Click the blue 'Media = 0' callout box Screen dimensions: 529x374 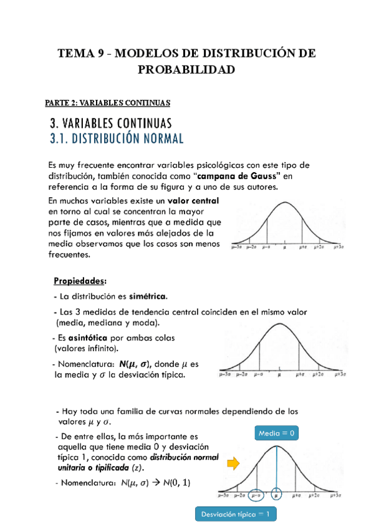[x=276, y=432]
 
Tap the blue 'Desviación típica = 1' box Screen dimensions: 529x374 [x=236, y=514]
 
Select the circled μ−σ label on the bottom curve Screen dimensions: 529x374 [x=254, y=497]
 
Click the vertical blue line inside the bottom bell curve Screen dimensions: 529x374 [x=276, y=468]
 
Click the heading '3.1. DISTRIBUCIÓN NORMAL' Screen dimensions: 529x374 [x=117, y=138]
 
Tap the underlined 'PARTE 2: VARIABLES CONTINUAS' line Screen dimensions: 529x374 [x=108, y=102]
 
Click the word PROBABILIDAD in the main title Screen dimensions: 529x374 [x=186, y=70]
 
